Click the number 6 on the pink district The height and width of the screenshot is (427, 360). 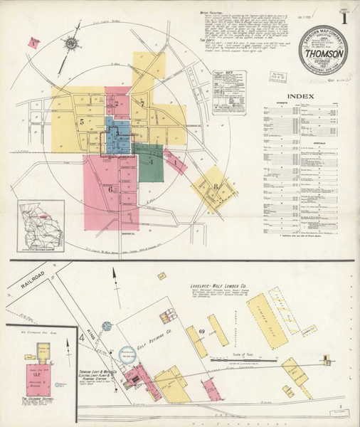tap(112, 189)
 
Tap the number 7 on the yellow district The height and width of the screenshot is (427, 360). tap(142, 105)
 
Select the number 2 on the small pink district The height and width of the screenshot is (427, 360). tap(116, 105)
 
